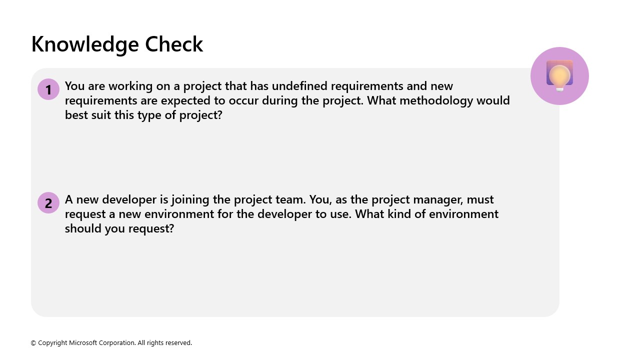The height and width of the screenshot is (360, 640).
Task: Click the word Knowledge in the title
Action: [85, 44]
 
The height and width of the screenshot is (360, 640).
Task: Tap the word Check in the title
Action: [174, 44]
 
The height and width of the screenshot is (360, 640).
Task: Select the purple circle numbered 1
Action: [48, 89]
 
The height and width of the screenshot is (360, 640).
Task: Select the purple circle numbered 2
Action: [48, 203]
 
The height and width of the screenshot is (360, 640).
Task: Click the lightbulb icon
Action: [559, 76]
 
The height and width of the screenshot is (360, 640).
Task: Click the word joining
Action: [190, 200]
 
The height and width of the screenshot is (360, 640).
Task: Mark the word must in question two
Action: [480, 199]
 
